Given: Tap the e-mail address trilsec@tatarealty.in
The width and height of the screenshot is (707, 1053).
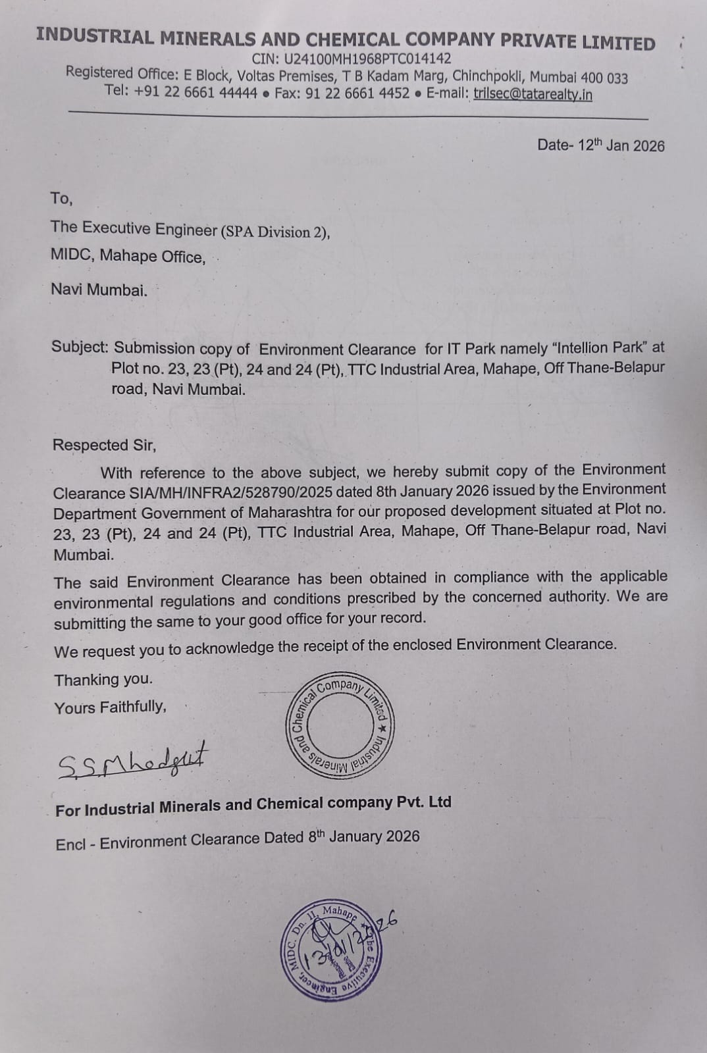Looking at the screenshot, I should click(533, 94).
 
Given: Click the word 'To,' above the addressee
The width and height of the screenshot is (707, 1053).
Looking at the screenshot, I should click(62, 198).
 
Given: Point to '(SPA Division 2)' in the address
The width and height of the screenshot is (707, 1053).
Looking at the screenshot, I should click(275, 231).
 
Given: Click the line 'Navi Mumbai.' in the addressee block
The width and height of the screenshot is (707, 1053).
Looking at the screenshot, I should click(99, 289).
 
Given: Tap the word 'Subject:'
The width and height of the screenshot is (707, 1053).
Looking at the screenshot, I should click(80, 347).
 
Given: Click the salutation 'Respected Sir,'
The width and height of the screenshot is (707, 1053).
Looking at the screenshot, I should click(104, 445).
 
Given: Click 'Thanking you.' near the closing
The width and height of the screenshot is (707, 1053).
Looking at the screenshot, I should click(103, 679).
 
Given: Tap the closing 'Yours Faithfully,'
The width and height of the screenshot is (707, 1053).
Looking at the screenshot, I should click(110, 707).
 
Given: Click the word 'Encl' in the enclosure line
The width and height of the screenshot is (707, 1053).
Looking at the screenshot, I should click(70, 844).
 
